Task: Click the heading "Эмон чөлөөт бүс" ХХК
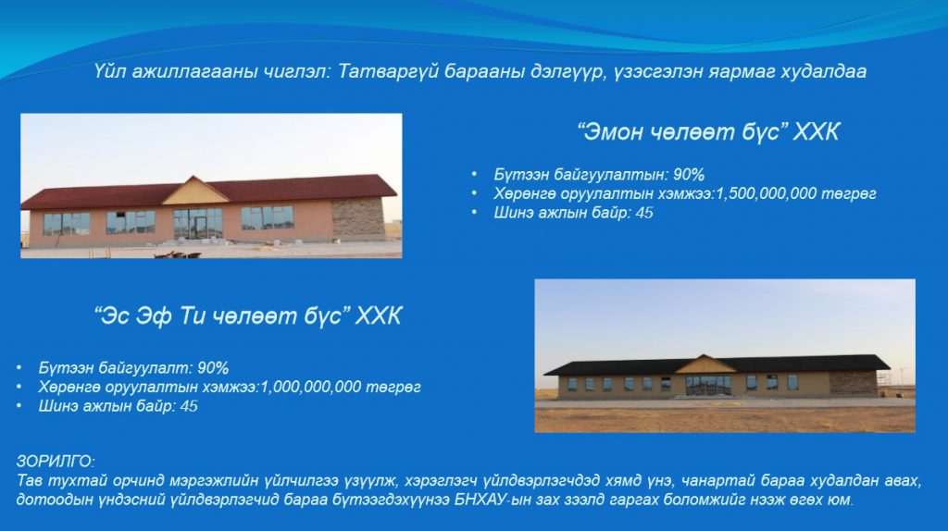tap(708, 131)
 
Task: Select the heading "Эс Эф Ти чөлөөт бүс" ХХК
tap(248, 315)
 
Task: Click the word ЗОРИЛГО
tap(55, 462)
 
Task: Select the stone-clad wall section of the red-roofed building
tap(358, 218)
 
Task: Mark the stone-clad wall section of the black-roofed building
tap(853, 384)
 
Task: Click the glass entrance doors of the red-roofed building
tap(198, 224)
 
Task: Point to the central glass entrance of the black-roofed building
tap(708, 385)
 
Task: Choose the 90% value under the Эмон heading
tap(689, 175)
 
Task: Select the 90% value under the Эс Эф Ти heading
tap(213, 368)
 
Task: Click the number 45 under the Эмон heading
tap(644, 213)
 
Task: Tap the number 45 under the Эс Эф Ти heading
tap(189, 406)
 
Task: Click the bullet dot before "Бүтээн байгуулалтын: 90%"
tap(475, 174)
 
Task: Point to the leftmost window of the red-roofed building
tap(67, 224)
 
